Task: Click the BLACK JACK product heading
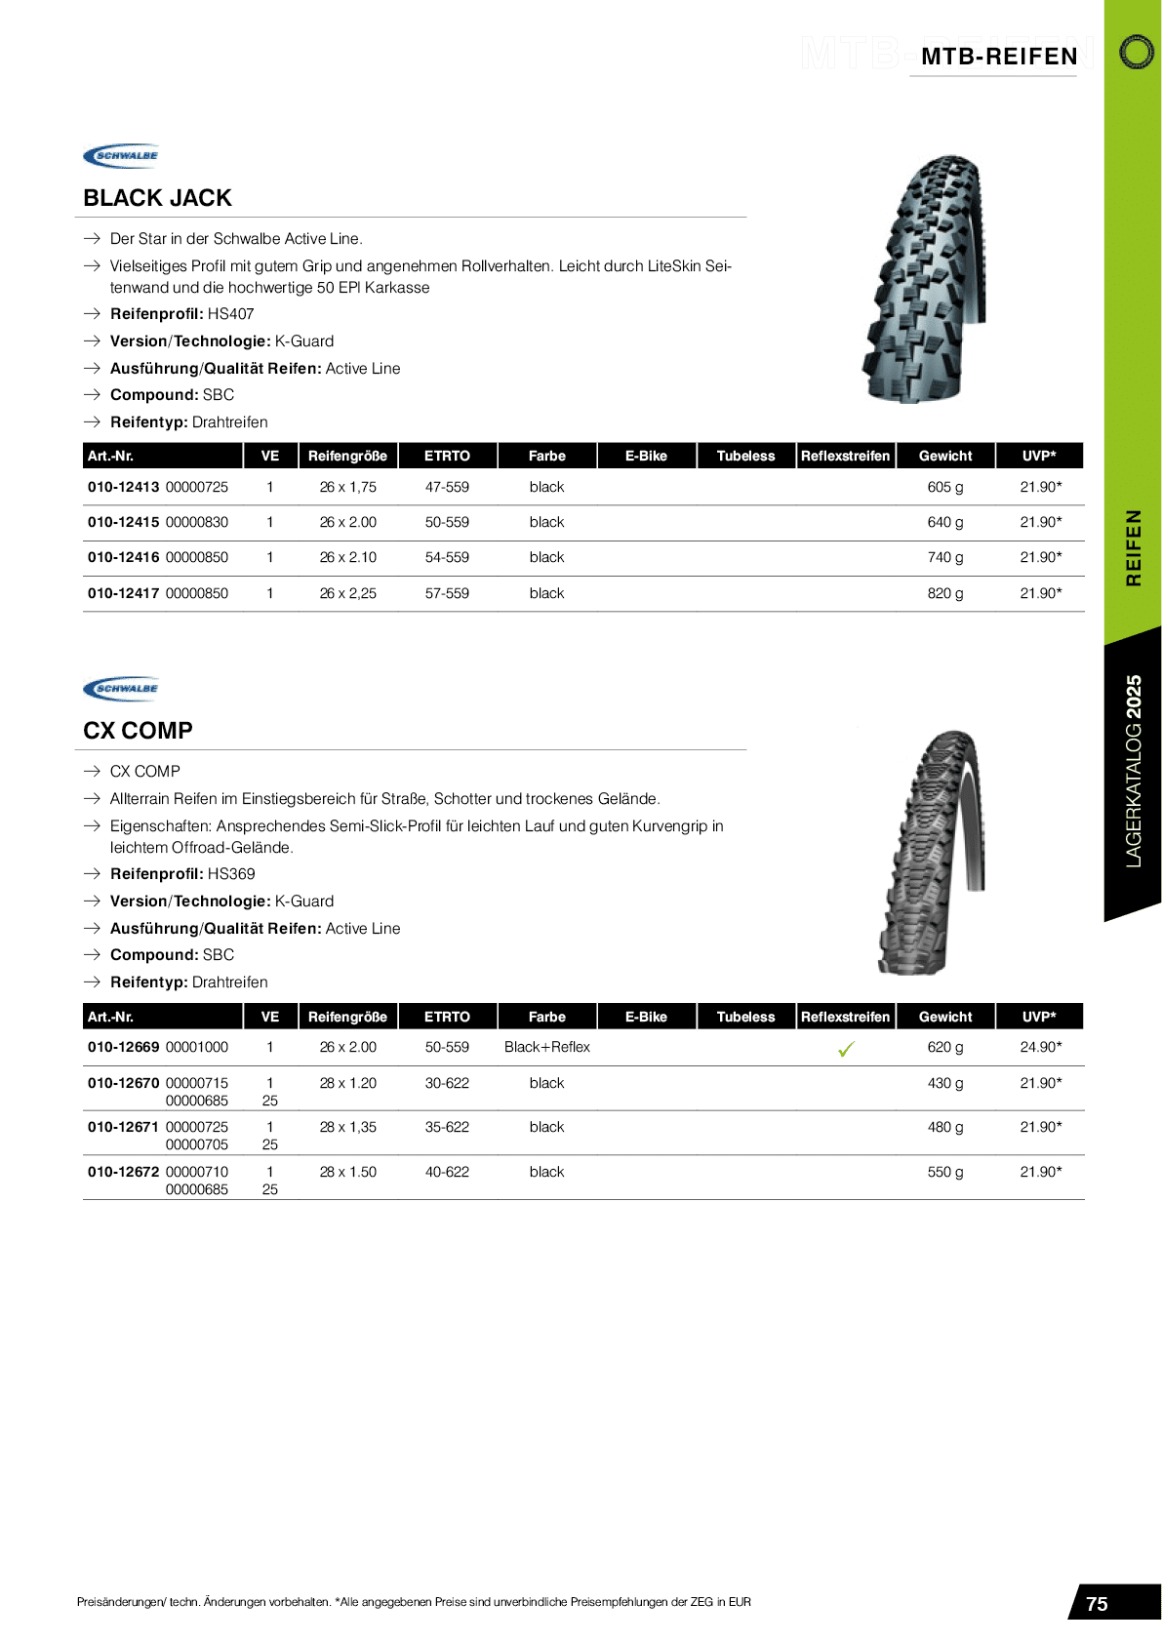point(157,198)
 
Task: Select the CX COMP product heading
point(138,731)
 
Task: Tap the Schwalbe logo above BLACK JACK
point(122,155)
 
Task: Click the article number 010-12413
point(123,487)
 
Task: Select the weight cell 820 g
point(944,593)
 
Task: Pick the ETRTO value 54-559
point(447,557)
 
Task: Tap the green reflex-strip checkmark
point(846,1049)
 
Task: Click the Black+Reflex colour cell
point(546,1047)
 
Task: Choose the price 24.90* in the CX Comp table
point(1040,1047)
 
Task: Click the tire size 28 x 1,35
point(347,1127)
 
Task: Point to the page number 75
point(1097,1604)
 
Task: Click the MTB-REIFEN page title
point(999,57)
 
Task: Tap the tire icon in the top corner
point(1136,52)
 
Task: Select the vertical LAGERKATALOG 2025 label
point(1133,771)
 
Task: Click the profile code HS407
point(230,314)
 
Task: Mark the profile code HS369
point(231,874)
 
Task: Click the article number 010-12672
point(123,1172)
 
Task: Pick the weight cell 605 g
point(944,487)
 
